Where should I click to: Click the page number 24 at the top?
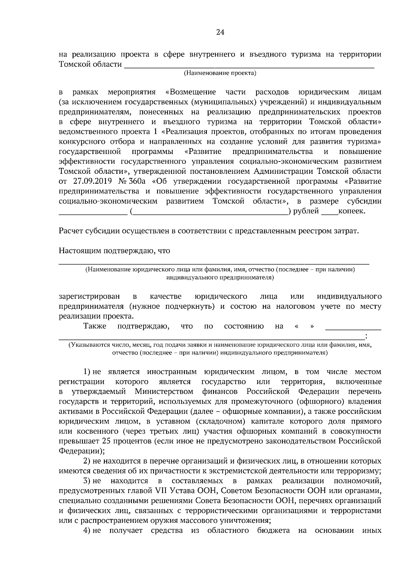[220, 33]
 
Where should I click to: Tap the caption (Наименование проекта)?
[220, 73]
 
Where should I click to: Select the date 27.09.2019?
[89, 181]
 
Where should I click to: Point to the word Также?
[95, 326]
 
